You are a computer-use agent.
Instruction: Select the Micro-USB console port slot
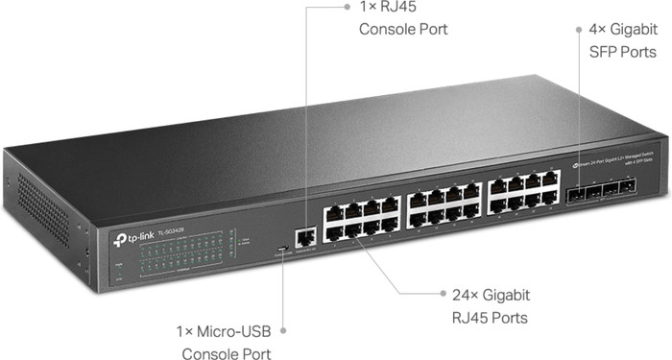tap(279, 252)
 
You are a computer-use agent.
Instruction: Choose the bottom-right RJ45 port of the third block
tap(550, 197)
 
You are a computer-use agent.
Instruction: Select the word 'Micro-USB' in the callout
tap(236, 330)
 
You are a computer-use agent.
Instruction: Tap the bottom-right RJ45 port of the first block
tap(391, 225)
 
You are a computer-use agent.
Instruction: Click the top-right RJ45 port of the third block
tap(549, 179)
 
